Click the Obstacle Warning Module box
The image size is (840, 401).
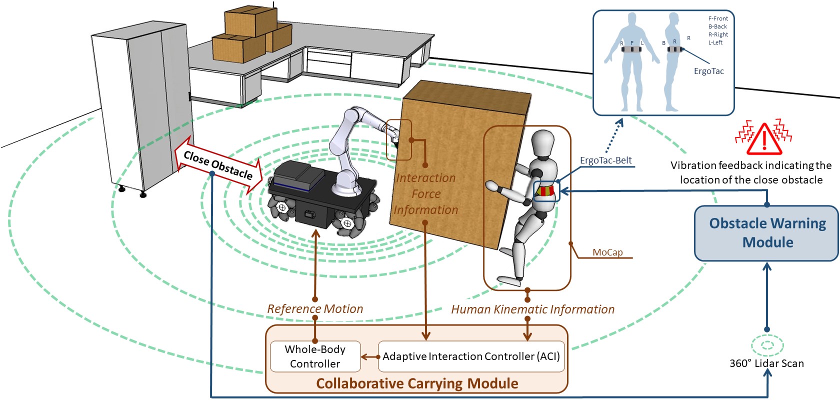[x=766, y=233]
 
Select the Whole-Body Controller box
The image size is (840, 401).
[x=315, y=356]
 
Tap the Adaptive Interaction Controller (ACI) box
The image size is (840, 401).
[x=471, y=356]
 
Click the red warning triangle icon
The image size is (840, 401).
[x=763, y=139]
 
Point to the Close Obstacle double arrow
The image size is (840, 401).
[x=218, y=165]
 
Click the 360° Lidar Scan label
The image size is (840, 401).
[x=766, y=363]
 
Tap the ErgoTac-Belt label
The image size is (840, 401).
[x=605, y=160]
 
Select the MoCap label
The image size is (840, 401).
[x=607, y=252]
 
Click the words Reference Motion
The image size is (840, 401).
[x=315, y=309]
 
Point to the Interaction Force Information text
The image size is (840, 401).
[x=425, y=194]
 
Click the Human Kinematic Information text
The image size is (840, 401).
[x=532, y=309]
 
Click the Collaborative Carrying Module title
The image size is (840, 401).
[x=417, y=383]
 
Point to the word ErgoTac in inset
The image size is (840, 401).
[x=708, y=71]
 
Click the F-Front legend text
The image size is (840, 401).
[x=718, y=18]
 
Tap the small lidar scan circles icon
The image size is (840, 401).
[x=767, y=345]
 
